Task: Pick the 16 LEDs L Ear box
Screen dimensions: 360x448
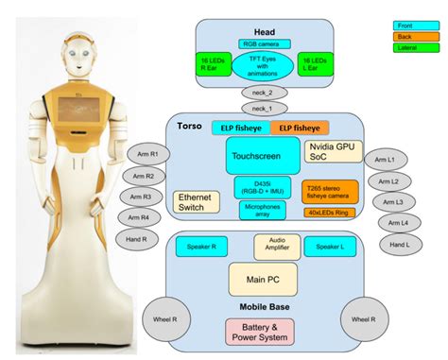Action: click(314, 63)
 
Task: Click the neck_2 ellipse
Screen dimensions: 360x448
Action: click(262, 93)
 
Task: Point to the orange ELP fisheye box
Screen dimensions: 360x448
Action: click(299, 128)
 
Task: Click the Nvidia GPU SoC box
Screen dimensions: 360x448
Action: click(332, 151)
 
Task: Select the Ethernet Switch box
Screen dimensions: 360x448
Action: click(196, 201)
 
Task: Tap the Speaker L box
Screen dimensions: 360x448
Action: click(329, 247)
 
